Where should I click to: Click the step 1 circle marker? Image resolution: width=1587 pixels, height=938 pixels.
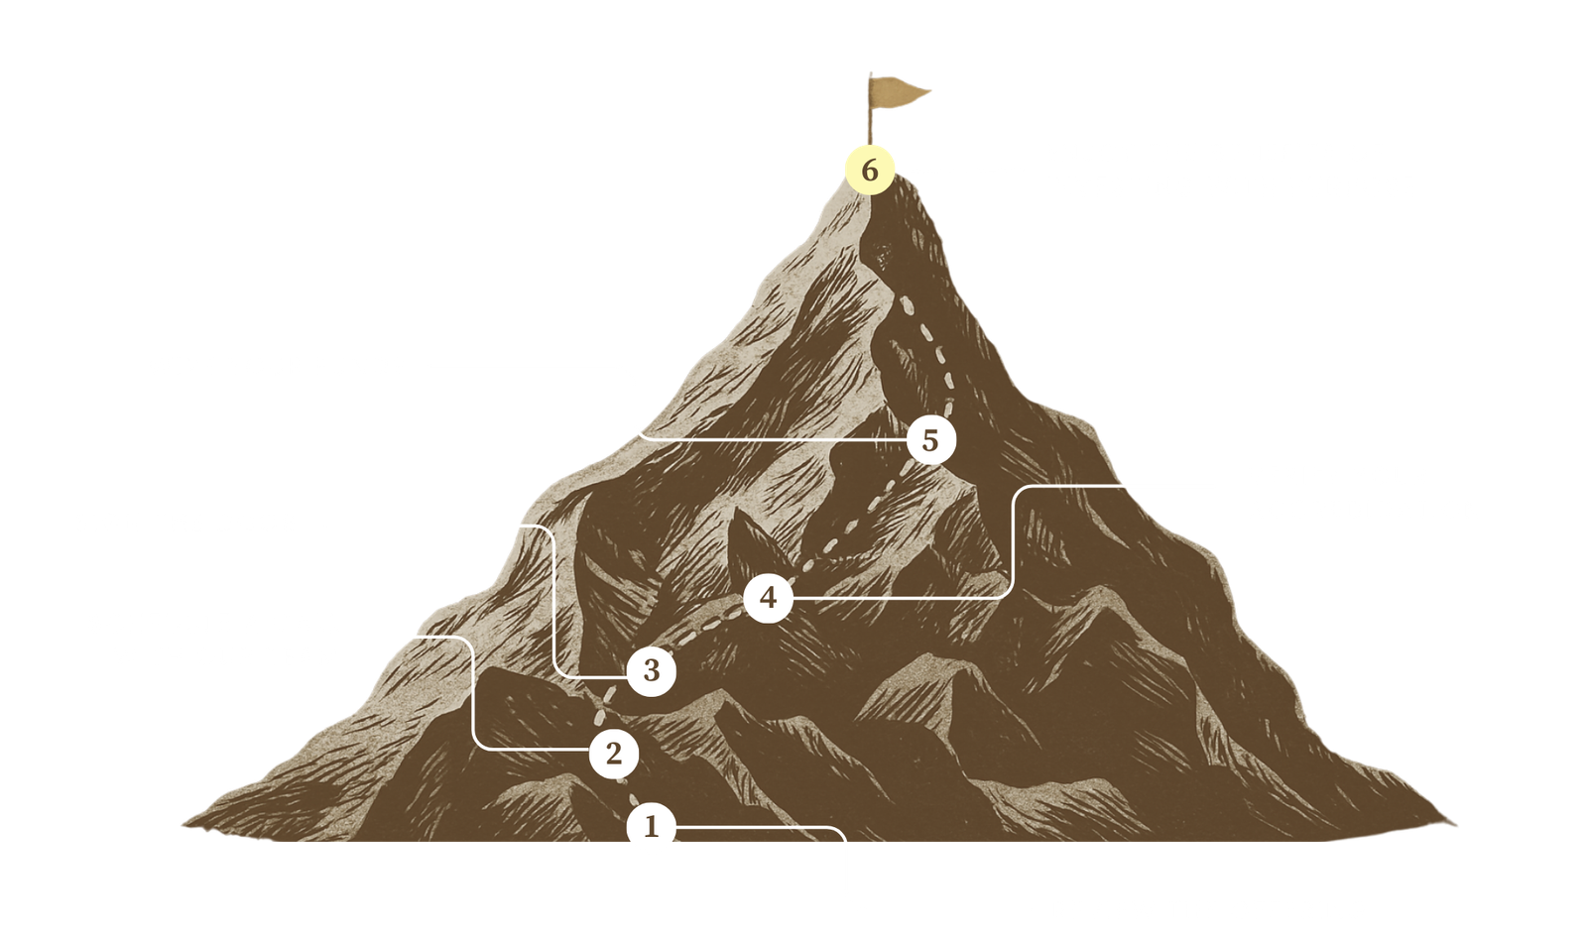point(651,826)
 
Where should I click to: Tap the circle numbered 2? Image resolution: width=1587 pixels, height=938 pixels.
point(613,754)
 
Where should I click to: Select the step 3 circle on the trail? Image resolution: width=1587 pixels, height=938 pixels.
point(651,671)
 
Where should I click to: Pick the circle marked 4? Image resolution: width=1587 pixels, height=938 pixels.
point(768,598)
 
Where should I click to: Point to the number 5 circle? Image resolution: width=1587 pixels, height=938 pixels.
point(929,439)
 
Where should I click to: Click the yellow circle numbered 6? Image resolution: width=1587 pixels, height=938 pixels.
point(869,171)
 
